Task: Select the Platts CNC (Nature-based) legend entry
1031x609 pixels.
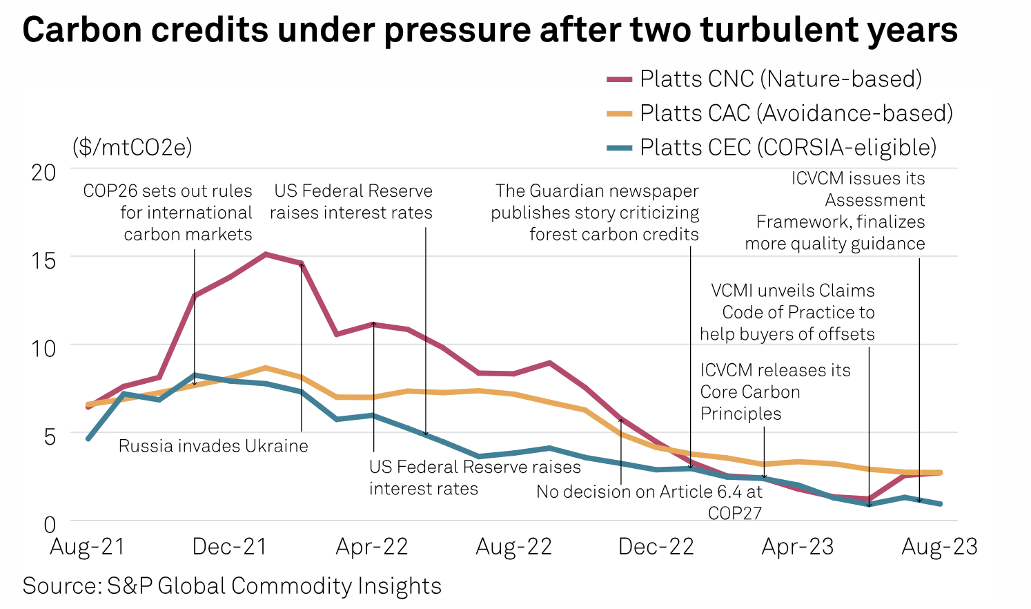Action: pos(780,79)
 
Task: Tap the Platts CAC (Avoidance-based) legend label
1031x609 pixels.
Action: pos(796,113)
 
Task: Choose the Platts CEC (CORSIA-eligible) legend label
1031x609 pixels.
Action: pos(787,148)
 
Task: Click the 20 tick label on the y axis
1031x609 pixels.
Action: pos(43,173)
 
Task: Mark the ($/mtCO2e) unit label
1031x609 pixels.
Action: pos(132,147)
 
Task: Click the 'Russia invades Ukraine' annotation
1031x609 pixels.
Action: pos(213,446)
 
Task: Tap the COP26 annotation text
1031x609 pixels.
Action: pos(168,213)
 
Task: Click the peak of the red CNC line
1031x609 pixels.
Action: pos(266,254)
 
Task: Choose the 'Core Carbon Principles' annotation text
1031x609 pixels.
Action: pos(775,391)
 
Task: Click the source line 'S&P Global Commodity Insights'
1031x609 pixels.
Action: pos(232,586)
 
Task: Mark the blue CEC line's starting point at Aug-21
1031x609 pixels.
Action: pos(88,438)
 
